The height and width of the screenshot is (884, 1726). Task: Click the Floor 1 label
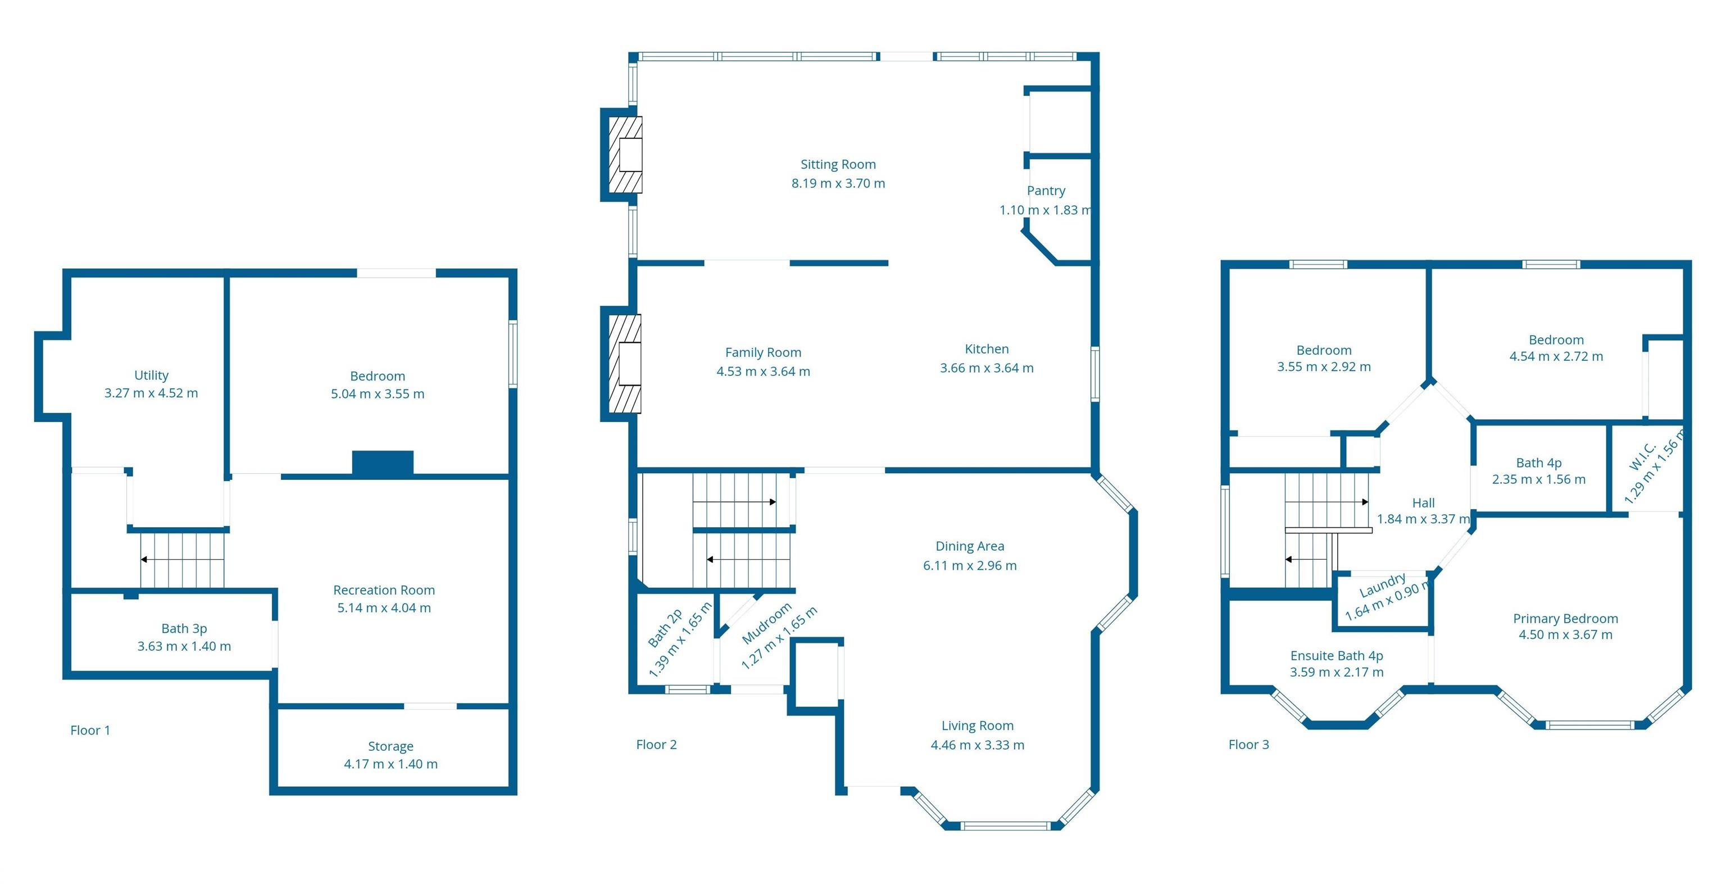[x=90, y=731]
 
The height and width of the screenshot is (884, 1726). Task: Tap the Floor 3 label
[x=1248, y=745]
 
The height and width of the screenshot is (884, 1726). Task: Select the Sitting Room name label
[x=838, y=164]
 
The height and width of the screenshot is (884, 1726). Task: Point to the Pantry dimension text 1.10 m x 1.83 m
[x=1046, y=210]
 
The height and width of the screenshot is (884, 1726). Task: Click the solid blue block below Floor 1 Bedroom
[x=383, y=464]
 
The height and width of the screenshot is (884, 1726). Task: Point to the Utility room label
[x=152, y=375]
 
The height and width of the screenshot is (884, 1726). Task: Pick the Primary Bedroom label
[x=1565, y=619]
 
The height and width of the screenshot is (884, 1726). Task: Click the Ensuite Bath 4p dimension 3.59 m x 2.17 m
[x=1337, y=672]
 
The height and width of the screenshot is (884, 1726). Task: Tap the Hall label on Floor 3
[x=1423, y=502]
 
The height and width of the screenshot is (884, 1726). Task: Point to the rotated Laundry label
[x=1382, y=585]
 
